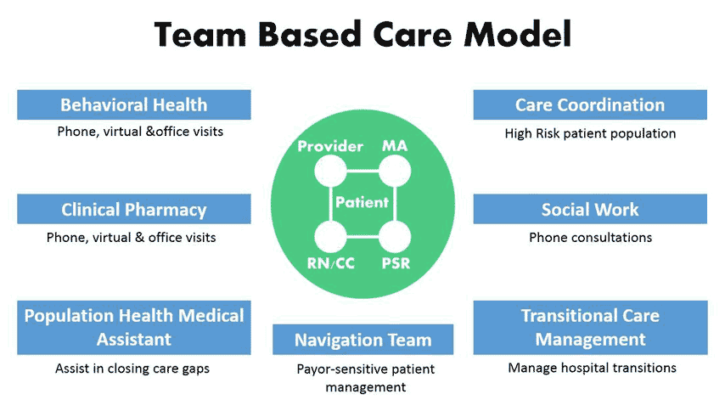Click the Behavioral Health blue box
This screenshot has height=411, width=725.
point(134,105)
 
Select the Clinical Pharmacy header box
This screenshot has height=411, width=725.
point(134,209)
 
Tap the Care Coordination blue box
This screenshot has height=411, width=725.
point(590,105)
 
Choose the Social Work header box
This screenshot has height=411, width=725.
point(590,209)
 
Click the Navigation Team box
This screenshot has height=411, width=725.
point(363,340)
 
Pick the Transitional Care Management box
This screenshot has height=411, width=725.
point(591,328)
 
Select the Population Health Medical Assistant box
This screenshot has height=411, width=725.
point(134,328)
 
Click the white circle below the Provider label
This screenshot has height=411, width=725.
point(330,171)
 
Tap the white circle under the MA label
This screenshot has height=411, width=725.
point(395,171)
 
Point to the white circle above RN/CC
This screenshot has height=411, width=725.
point(330,237)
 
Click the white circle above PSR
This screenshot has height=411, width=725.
point(395,237)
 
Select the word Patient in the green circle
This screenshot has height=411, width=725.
point(362,202)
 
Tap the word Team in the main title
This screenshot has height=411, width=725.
point(200,35)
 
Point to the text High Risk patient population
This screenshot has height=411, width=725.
point(591,133)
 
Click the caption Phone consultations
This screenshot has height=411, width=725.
point(591,238)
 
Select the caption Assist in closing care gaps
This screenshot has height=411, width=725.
point(132,369)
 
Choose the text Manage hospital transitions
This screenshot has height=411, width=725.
point(593,368)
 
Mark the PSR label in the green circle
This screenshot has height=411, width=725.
point(396,263)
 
